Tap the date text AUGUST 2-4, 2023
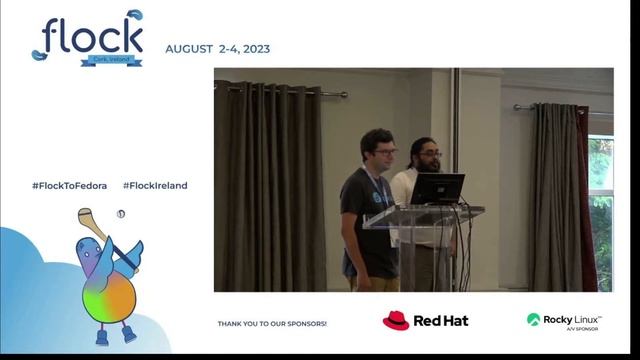pyautogui.click(x=217, y=49)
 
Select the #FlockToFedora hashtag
pyautogui.click(x=69, y=185)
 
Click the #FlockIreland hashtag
pyautogui.click(x=155, y=185)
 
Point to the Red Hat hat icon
pyautogui.click(x=396, y=320)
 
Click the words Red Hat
pyautogui.click(x=441, y=321)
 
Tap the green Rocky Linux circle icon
pyautogui.click(x=533, y=319)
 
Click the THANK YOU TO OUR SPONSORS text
pyautogui.click(x=272, y=324)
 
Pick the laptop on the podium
pyautogui.click(x=437, y=188)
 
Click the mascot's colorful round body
pyautogui.click(x=108, y=296)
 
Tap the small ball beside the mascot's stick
pyautogui.click(x=121, y=213)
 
